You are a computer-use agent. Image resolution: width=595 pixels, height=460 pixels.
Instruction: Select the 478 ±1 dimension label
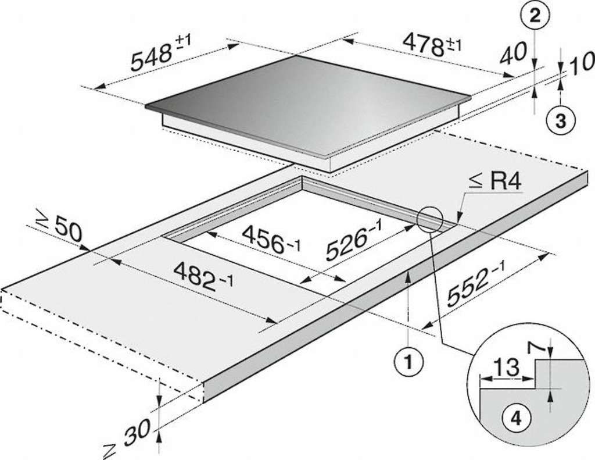tap(432, 45)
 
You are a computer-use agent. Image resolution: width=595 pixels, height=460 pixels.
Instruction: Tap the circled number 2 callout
tap(535, 17)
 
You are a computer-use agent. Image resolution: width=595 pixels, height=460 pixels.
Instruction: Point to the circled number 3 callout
tap(561, 121)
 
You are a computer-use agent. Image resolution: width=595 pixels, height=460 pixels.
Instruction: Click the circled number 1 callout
tap(408, 362)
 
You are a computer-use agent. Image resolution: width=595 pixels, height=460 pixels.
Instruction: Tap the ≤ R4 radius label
tap(495, 183)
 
